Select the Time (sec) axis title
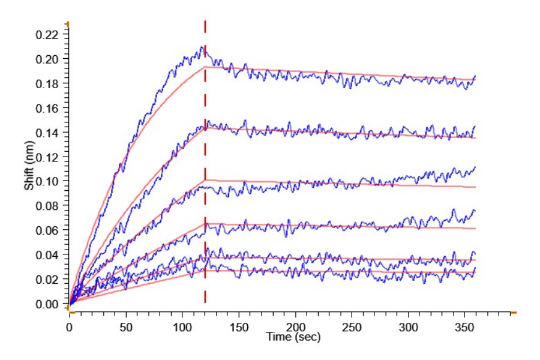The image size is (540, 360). pyautogui.click(x=293, y=337)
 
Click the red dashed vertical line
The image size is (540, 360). pyautogui.click(x=205, y=180)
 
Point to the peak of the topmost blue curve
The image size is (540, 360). pyautogui.click(x=203, y=47)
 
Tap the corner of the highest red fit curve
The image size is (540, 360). pyautogui.click(x=205, y=67)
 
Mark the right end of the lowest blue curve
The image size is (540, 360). pyautogui.click(x=475, y=268)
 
